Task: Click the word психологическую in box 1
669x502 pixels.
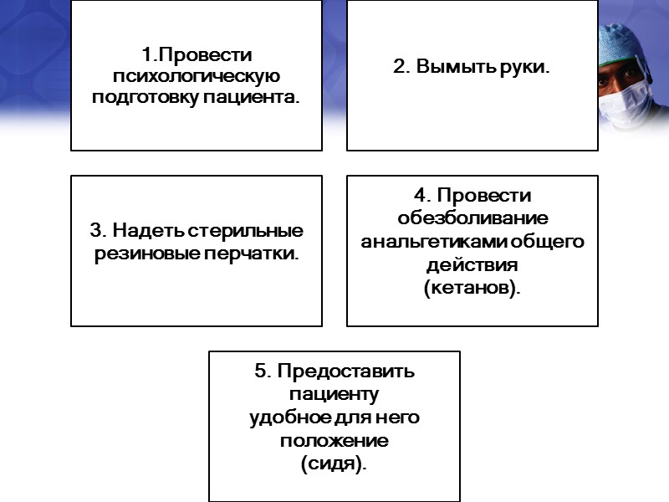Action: click(x=196, y=77)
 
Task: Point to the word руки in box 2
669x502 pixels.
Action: click(x=523, y=67)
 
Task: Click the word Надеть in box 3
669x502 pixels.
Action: click(x=150, y=230)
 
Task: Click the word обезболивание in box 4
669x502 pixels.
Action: click(x=472, y=219)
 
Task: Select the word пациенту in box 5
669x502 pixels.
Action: click(x=334, y=393)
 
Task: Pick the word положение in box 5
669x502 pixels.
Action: click(x=334, y=440)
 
